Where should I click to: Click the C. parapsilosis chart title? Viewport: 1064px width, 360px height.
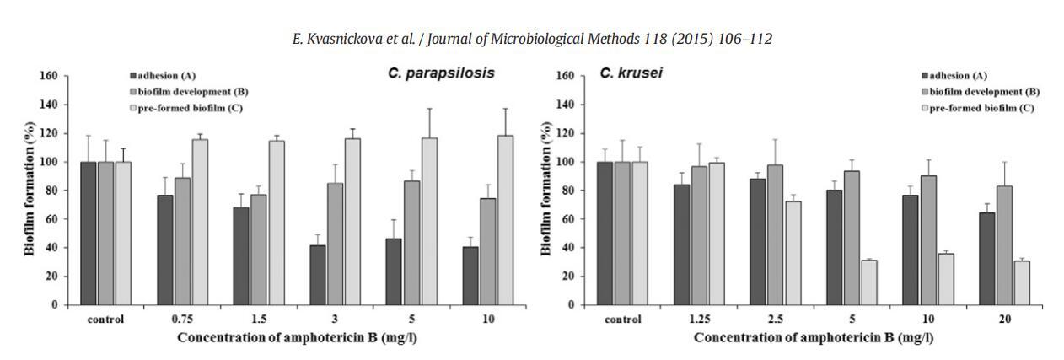[441, 73]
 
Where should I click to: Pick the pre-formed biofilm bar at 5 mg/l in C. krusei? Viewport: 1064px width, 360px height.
[868, 282]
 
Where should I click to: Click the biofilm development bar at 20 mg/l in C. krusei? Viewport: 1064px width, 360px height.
[1004, 245]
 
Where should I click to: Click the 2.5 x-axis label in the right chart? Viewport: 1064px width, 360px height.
[775, 320]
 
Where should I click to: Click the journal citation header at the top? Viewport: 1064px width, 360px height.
[532, 40]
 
